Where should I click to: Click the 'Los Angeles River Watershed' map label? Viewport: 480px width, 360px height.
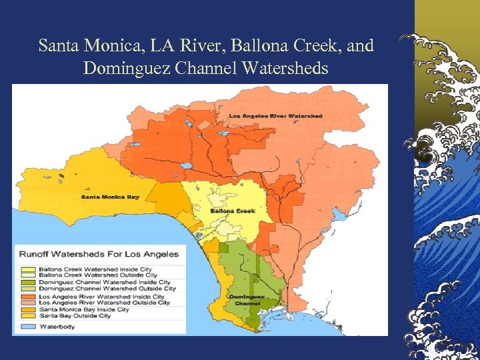click(275, 116)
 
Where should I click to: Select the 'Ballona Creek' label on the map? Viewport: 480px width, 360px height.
click(233, 211)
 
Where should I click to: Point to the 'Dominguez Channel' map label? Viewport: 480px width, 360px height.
click(247, 299)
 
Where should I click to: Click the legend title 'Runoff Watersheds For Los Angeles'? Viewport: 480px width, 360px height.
click(99, 254)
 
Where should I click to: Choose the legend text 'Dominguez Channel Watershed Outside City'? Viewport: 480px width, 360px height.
click(107, 289)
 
